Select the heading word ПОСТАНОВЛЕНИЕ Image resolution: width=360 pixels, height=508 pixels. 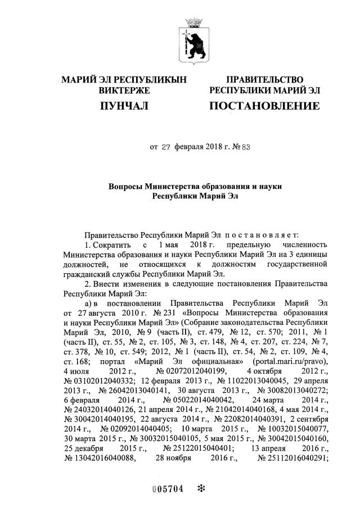(x=264, y=106)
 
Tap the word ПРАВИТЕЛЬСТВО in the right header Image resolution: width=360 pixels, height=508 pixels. (x=264, y=80)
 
